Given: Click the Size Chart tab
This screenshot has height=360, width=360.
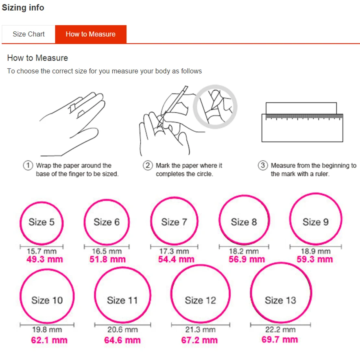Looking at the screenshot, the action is pos(28,34).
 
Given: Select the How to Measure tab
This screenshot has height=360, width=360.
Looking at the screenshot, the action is pos(91,34).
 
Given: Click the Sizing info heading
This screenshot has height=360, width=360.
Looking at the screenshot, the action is pos(23,8).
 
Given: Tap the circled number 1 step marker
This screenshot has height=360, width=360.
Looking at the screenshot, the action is pos(28,165).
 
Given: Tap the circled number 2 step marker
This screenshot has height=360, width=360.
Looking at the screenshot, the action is pos(148,165).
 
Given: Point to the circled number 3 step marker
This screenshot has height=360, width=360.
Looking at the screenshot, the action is pos(263,165).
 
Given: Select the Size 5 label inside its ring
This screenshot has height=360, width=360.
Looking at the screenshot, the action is pos(41,222).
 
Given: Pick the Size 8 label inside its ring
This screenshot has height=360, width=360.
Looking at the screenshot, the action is pos(244,222).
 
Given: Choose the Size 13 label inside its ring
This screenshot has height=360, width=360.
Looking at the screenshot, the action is pos(281,300).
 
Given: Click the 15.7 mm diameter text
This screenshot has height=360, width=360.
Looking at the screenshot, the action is pos(41,251).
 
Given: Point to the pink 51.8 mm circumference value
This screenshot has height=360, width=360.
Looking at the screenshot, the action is pos(108,260).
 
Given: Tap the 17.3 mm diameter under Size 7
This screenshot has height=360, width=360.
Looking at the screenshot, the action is pos(174,251).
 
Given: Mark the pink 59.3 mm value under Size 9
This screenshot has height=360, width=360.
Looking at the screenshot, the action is pos(315,260).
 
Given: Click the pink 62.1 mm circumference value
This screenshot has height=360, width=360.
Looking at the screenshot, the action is pos(49,340).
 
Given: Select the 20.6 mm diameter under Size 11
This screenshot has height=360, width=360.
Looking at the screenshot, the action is pos(122,329).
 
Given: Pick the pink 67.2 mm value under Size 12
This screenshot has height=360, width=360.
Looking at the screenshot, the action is pos(199,340).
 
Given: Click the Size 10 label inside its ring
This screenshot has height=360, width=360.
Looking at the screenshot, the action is pos(47,300).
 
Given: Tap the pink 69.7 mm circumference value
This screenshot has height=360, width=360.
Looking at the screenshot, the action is pos(279,340).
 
